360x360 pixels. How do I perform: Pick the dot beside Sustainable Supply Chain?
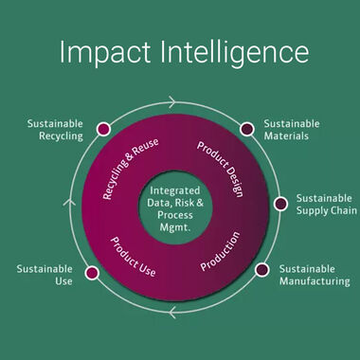[x=280, y=204]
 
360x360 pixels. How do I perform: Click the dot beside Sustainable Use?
[x=92, y=273]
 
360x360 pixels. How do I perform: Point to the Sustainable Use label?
[x=44, y=275]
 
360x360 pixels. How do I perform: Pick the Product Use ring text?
[x=134, y=254]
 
